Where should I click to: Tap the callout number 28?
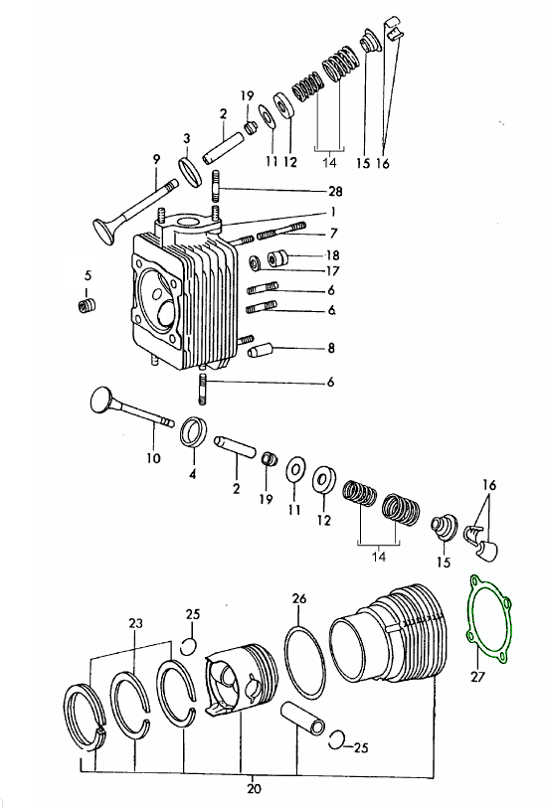[x=335, y=191]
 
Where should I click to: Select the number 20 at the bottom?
[x=255, y=788]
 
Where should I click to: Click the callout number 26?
[x=299, y=598]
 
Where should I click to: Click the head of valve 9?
[x=104, y=233]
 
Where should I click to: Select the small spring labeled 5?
[x=87, y=305]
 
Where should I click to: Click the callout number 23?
[x=135, y=623]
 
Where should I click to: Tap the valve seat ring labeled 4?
[x=194, y=431]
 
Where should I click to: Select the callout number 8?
[x=331, y=348]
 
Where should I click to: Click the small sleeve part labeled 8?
[x=260, y=352]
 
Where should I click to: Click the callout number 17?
[x=332, y=270]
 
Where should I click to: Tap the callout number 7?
[x=334, y=234]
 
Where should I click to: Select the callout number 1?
[x=333, y=212]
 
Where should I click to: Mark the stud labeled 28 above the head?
[x=216, y=187]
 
